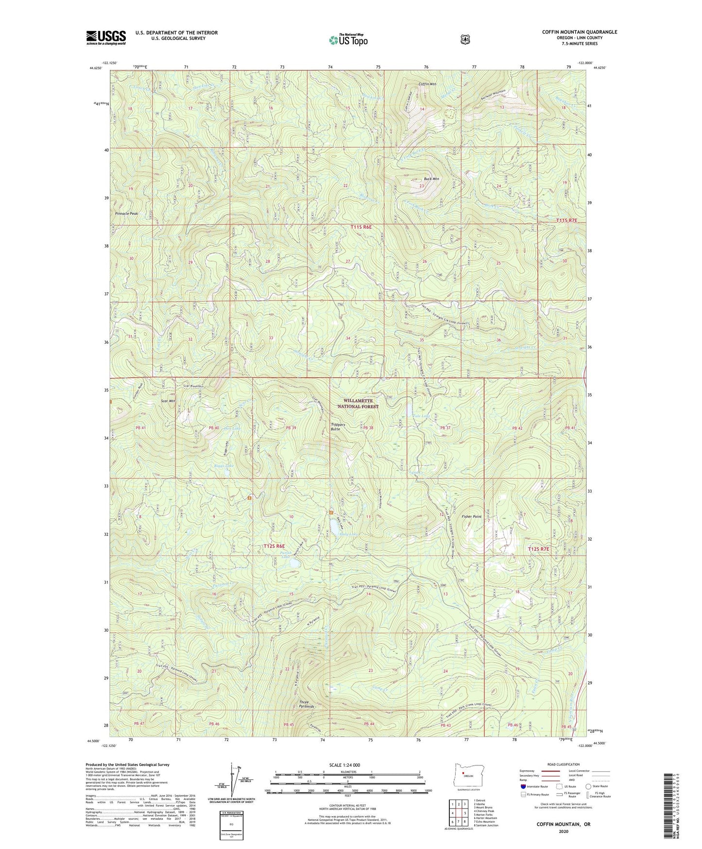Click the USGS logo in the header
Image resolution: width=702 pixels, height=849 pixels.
(x=106, y=37)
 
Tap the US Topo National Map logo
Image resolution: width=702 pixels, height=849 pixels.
(x=348, y=40)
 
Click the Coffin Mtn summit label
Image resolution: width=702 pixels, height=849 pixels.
(x=428, y=84)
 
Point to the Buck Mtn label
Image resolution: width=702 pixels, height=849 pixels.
(x=431, y=179)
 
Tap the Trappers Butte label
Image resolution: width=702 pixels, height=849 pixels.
(x=338, y=427)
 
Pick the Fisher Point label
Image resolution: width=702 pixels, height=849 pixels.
(x=471, y=516)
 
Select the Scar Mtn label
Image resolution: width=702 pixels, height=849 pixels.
(x=168, y=401)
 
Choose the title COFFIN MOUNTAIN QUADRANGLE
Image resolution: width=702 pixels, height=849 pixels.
(x=580, y=32)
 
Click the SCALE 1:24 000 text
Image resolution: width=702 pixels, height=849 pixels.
(x=344, y=765)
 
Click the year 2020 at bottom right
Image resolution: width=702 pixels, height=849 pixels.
(x=564, y=831)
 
